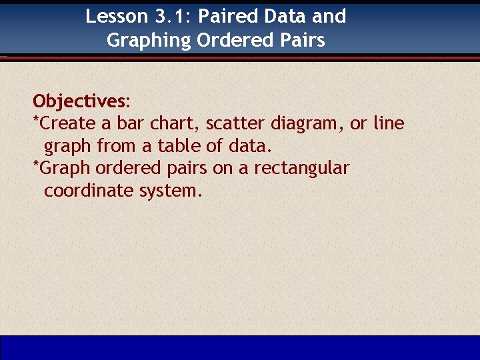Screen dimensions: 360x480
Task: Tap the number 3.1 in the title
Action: pyautogui.click(x=172, y=16)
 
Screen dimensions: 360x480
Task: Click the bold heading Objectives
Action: pyautogui.click(x=79, y=101)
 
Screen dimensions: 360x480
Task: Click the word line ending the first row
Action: pyautogui.click(x=389, y=123)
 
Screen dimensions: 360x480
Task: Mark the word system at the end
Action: pyautogui.click(x=169, y=191)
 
